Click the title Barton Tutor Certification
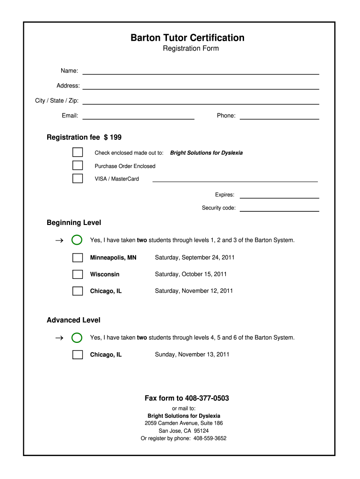coord(187,37)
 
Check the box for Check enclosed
coord(78,152)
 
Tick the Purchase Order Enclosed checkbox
coord(78,166)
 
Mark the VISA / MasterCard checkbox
coord(78,178)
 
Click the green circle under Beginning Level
coord(77,240)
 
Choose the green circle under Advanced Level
coord(77,338)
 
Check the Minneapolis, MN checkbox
coord(78,258)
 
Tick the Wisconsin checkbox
coord(78,274)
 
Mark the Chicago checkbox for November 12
coord(78,291)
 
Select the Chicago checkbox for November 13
coord(78,355)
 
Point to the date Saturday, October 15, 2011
coord(191,274)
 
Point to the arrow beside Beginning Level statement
coord(58,240)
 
